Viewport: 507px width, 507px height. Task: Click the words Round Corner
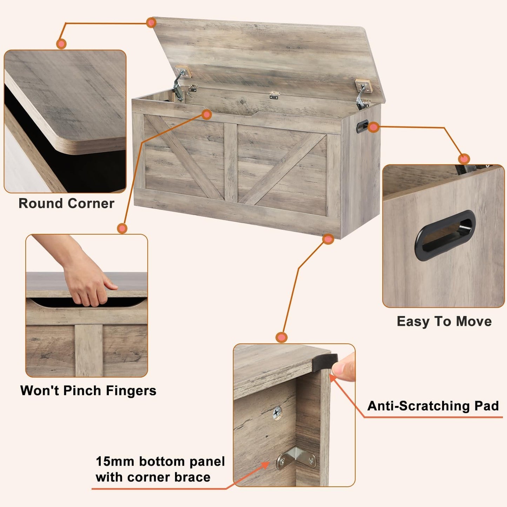tap(66, 204)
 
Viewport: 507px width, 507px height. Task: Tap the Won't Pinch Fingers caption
tap(88, 391)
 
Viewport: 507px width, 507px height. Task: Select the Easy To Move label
tap(444, 321)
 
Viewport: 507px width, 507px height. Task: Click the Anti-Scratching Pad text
tap(433, 406)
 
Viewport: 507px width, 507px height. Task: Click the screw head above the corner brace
tap(277, 413)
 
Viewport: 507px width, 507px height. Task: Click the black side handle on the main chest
tap(362, 126)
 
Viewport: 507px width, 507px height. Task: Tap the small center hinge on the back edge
tap(274, 95)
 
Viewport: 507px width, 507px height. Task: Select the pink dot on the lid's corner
tap(151, 23)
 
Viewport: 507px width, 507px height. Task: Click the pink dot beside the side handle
tap(374, 127)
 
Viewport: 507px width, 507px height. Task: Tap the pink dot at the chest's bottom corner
tap(328, 239)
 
